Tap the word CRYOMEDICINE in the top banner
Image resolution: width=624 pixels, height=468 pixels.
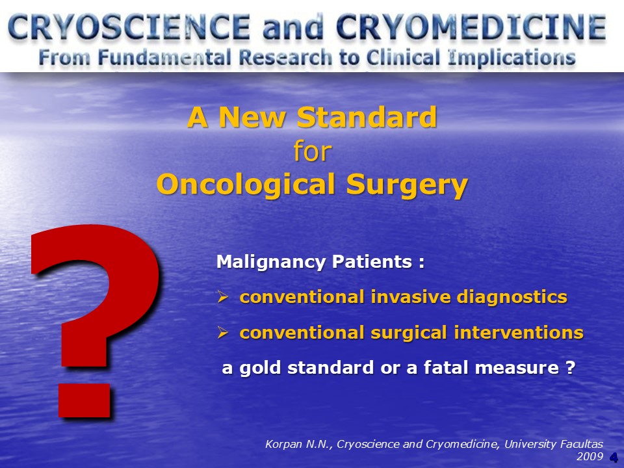471,27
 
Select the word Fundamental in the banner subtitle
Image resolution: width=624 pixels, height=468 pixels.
164,57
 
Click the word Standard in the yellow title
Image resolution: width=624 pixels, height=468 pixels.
367,117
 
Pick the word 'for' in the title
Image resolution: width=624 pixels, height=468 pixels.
313,151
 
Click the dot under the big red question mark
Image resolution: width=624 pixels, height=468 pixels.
84,400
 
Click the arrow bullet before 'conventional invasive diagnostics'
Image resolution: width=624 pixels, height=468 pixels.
223,296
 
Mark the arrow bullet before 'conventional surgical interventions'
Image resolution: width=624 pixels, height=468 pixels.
223,332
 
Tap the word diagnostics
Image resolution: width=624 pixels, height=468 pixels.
512,298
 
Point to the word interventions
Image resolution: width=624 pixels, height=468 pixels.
519,333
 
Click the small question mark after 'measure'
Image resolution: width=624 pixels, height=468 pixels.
571,367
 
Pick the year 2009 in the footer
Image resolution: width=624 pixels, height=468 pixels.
590,456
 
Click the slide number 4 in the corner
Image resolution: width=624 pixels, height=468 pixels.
614,457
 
